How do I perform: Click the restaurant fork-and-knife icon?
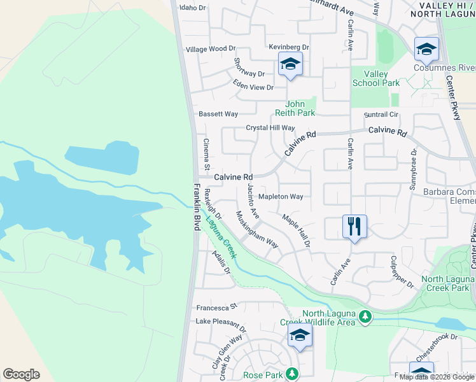pyautogui.click(x=354, y=227)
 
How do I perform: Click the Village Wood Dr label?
pyautogui.click(x=211, y=49)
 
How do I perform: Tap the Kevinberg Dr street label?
pyautogui.click(x=288, y=47)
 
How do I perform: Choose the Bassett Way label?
pyautogui.click(x=218, y=114)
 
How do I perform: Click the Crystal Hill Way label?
pyautogui.click(x=270, y=128)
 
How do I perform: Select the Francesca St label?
pyautogui.click(x=216, y=306)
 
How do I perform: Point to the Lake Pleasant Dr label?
pyautogui.click(x=220, y=322)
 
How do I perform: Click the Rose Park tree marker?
pyautogui.click(x=292, y=374)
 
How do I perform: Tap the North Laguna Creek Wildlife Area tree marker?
pyautogui.click(x=365, y=316)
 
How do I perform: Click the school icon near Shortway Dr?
pyautogui.click(x=290, y=64)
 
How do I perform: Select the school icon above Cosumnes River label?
pyautogui.click(x=426, y=48)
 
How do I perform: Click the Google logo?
pyautogui.click(x=22, y=374)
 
